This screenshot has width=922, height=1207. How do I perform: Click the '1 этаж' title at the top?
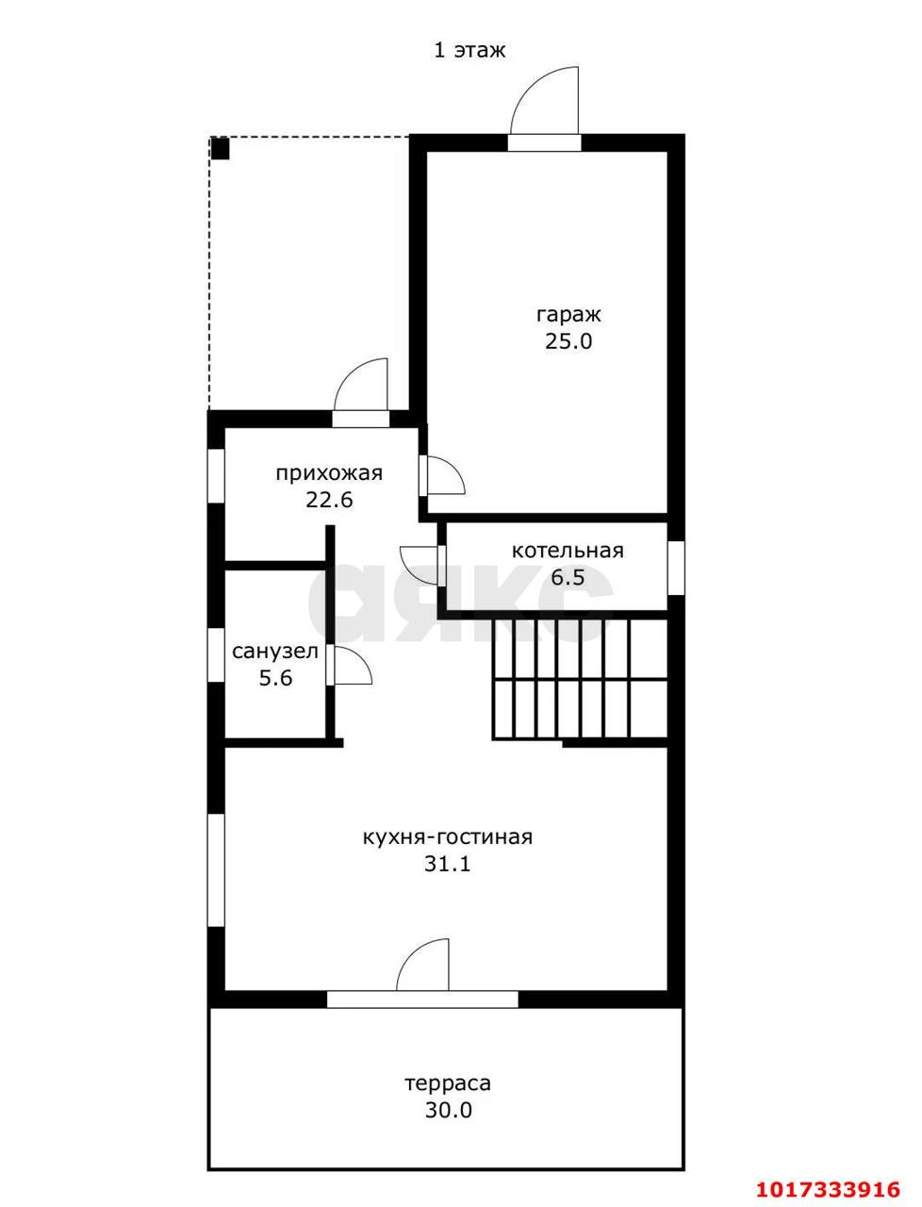[x=469, y=51]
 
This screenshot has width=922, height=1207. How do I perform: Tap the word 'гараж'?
[x=568, y=315]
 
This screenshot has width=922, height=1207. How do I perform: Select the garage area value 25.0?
[x=568, y=341]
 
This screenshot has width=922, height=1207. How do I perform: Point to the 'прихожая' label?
[x=329, y=474]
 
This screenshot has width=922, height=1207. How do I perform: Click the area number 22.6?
[x=329, y=500]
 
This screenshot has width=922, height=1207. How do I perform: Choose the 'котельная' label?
[x=568, y=551]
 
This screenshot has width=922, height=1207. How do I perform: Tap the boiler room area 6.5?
[x=568, y=578]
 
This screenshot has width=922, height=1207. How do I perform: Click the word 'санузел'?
[x=275, y=653]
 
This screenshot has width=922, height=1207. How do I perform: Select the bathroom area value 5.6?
[x=275, y=679]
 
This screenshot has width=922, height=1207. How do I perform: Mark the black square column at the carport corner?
[x=221, y=148]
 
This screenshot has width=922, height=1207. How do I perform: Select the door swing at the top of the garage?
[x=545, y=101]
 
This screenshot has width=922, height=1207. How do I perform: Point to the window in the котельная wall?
[x=676, y=568]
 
